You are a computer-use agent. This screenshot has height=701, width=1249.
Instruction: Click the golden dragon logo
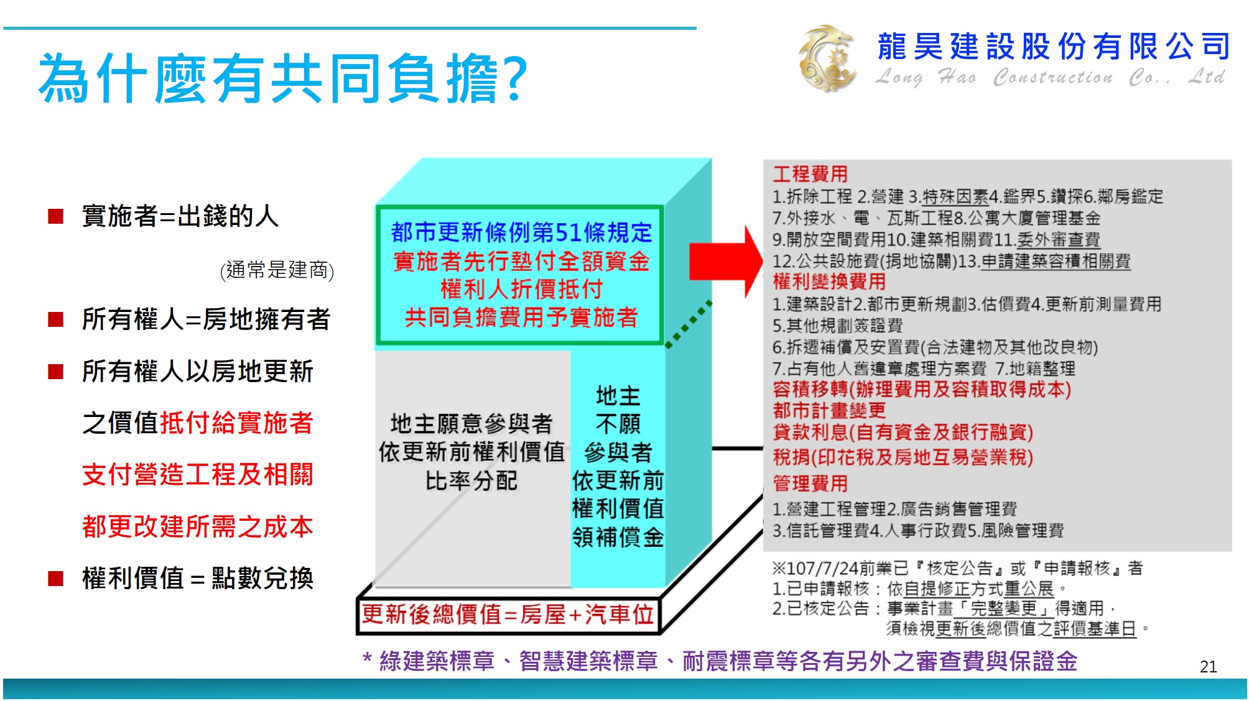click(828, 58)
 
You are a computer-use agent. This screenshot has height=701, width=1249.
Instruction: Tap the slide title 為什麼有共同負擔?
click(283, 78)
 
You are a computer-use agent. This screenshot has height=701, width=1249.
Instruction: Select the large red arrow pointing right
click(725, 262)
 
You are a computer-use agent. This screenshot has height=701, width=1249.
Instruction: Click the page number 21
click(1208, 667)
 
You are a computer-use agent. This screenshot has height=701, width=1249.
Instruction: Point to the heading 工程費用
click(810, 174)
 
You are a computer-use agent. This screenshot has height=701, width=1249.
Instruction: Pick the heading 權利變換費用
click(829, 282)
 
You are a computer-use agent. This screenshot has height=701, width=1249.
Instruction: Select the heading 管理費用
click(810, 483)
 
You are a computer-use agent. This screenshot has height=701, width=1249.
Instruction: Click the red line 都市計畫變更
click(829, 410)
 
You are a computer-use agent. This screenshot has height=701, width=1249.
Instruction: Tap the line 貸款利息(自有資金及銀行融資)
click(903, 432)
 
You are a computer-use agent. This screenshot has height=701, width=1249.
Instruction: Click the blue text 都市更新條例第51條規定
click(521, 232)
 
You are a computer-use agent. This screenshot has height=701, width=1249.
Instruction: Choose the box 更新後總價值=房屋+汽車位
click(508, 615)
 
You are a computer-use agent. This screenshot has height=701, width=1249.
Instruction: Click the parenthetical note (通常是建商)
click(277, 270)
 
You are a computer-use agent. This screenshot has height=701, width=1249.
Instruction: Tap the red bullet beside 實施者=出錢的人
click(56, 216)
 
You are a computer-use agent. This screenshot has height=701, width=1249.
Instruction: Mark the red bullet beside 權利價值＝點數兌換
click(56, 579)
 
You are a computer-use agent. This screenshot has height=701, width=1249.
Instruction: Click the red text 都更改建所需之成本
click(197, 526)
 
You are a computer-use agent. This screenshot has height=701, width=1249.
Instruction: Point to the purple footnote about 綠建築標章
click(720, 661)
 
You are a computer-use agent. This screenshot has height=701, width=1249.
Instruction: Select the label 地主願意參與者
click(471, 424)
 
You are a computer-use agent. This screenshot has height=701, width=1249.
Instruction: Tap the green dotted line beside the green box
click(689, 324)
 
